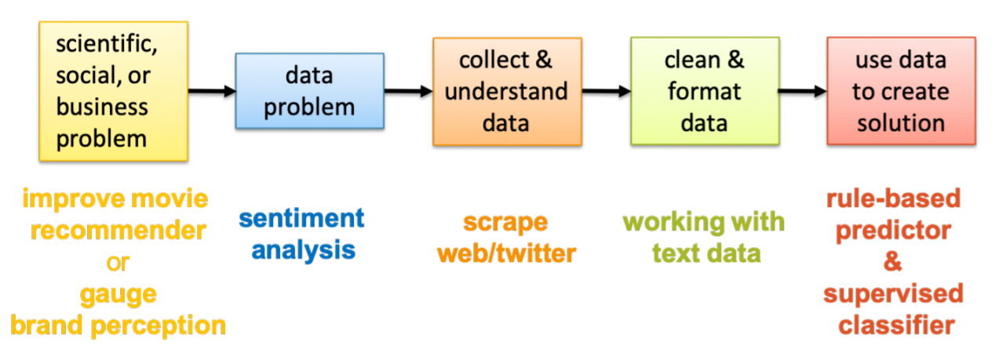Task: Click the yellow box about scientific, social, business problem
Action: (x=113, y=91)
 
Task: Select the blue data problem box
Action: (x=309, y=91)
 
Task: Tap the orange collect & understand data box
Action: (x=507, y=91)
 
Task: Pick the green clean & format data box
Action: (x=704, y=91)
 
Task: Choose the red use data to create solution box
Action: (x=901, y=91)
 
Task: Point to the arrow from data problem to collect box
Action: (x=408, y=91)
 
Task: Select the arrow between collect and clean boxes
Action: (x=606, y=91)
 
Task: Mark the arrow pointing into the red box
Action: (x=802, y=91)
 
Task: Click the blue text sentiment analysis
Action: (x=302, y=234)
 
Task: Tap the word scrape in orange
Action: (x=505, y=221)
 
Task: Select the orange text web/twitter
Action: (x=506, y=253)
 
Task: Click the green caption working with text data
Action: (x=704, y=237)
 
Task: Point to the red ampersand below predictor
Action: (x=892, y=262)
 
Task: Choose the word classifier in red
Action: (x=892, y=325)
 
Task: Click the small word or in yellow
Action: (x=117, y=263)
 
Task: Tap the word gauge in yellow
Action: (x=117, y=294)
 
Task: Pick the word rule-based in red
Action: (x=893, y=198)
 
